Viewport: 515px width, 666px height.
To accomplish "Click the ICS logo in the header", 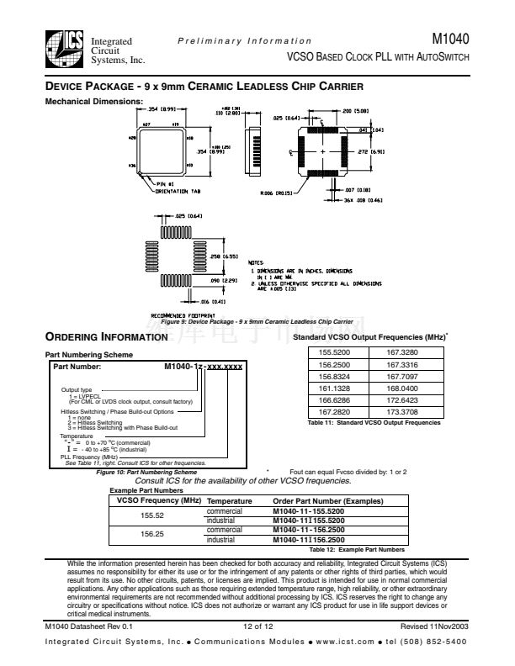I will pos(64,49).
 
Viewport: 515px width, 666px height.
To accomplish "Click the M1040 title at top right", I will pos(450,39).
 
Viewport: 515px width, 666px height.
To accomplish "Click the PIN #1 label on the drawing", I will pos(166,182).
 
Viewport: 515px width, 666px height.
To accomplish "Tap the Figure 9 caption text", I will pos(257,322).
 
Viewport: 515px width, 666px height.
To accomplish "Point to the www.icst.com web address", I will pos(341,642).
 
